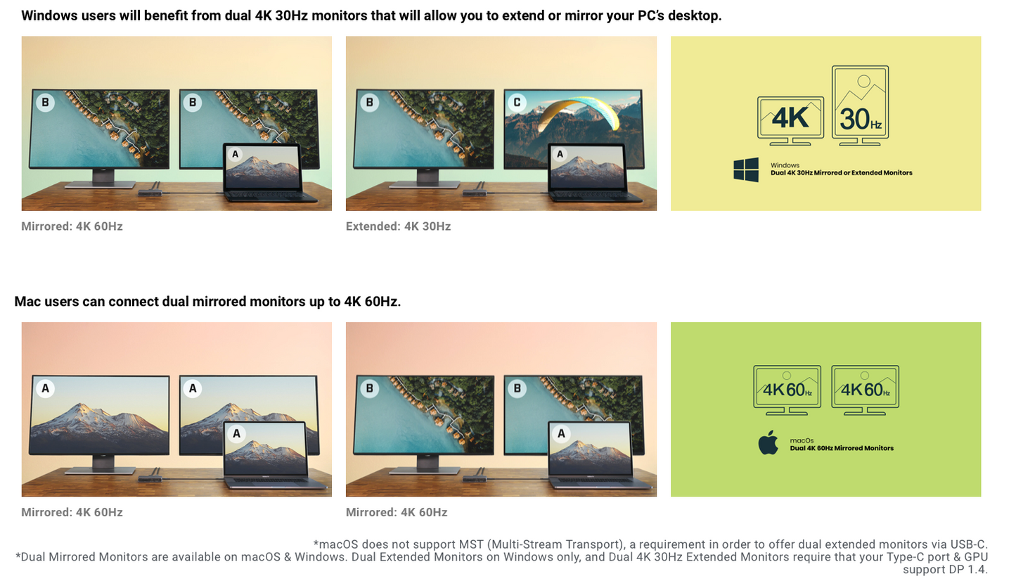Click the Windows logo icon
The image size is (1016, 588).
click(x=746, y=170)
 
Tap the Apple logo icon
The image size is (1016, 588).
click(x=769, y=443)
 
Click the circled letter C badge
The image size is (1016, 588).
click(x=517, y=103)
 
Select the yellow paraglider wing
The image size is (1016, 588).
click(x=579, y=112)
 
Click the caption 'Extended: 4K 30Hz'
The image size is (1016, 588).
click(x=398, y=226)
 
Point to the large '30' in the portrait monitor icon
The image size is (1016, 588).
click(x=854, y=120)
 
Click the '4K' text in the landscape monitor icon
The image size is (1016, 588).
click(x=790, y=118)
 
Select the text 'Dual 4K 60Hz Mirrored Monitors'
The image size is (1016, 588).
click(x=842, y=448)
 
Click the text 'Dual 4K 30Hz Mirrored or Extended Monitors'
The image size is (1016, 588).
click(x=842, y=173)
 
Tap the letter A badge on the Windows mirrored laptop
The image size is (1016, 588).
click(x=235, y=154)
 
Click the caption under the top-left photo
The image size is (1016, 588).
click(x=72, y=226)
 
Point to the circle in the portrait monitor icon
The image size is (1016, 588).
click(x=863, y=81)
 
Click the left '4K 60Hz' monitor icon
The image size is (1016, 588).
click(x=787, y=390)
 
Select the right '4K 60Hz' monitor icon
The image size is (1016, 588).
click(x=865, y=390)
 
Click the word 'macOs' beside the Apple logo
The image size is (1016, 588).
click(x=802, y=440)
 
